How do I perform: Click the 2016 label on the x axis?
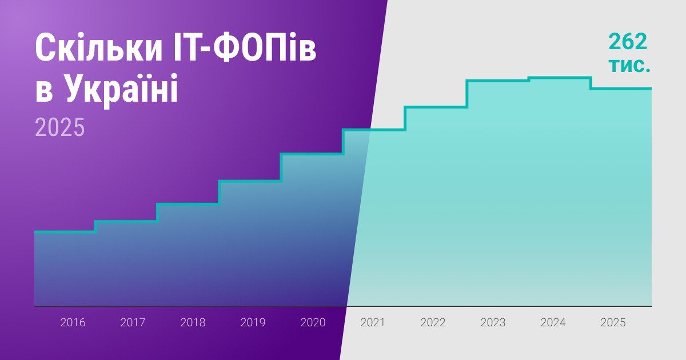(73, 323)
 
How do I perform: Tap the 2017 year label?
(133, 323)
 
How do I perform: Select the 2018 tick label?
(193, 323)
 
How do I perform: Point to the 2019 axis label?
(253, 323)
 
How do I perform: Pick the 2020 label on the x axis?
(313, 323)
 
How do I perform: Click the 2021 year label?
(373, 323)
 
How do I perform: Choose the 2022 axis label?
(433, 323)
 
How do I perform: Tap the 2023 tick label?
(493, 323)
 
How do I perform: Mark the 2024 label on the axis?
(553, 323)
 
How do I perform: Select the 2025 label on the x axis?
(613, 323)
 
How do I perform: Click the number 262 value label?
(628, 42)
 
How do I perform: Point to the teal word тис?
(629, 66)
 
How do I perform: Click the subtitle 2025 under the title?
(59, 127)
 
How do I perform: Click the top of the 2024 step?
(560, 78)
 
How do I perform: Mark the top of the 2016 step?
(65, 231)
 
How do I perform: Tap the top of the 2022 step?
(436, 107)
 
